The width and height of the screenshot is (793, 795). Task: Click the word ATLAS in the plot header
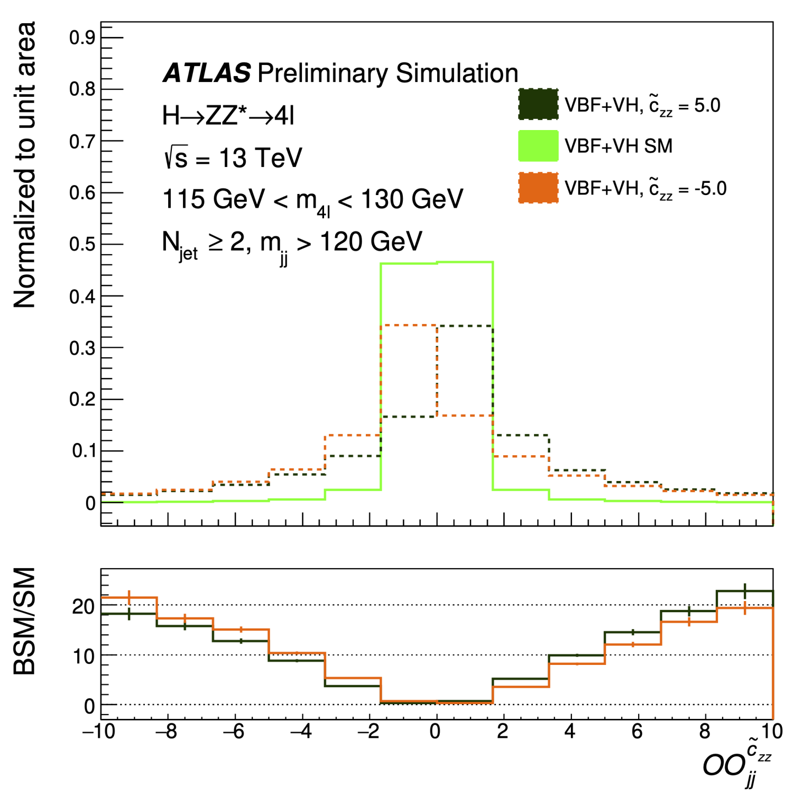click(207, 73)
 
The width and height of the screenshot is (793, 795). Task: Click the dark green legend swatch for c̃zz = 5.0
click(538, 105)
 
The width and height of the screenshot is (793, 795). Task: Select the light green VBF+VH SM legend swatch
click(538, 146)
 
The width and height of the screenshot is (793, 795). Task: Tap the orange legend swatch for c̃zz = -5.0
click(538, 188)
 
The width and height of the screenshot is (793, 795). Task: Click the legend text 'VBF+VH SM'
click(618, 146)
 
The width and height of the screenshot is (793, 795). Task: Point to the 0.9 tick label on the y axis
click(82, 38)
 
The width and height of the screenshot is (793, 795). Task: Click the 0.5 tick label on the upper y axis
click(82, 245)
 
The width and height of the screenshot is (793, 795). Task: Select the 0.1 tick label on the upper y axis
click(83, 451)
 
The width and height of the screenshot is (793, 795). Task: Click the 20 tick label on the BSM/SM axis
click(84, 606)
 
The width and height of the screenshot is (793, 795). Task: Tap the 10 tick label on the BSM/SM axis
click(84, 657)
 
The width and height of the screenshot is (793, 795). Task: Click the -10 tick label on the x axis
click(99, 732)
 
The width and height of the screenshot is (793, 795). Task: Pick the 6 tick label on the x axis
click(637, 732)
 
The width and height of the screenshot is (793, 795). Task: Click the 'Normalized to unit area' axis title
click(25, 165)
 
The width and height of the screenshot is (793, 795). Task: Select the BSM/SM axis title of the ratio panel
click(25, 622)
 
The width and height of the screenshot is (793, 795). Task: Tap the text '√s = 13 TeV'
click(233, 158)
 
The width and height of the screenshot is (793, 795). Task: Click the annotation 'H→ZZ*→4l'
click(228, 116)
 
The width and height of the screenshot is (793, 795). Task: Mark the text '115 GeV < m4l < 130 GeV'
click(312, 200)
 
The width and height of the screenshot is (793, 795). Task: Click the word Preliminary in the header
click(323, 73)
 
